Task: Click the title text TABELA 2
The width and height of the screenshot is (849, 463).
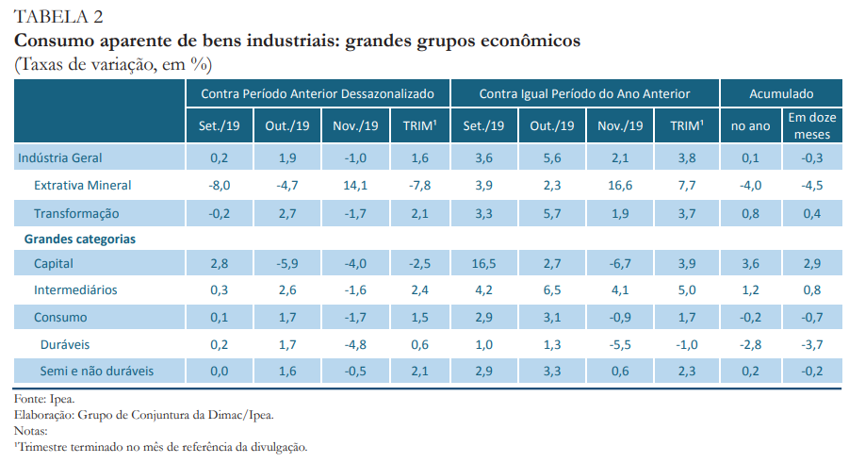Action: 58,17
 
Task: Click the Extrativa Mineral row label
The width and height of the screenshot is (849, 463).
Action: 82,185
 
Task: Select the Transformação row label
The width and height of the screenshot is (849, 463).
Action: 76,213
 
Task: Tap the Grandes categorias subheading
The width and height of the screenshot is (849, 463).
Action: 79,240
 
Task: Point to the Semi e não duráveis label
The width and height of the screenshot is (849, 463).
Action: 96,372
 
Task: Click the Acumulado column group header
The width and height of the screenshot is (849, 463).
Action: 781,94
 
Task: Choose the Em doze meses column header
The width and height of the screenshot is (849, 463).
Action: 812,125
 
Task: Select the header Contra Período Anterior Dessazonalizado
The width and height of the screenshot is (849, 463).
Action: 318,94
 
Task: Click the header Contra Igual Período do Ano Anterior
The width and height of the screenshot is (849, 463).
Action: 584,94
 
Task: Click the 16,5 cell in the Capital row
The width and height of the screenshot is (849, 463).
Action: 485,264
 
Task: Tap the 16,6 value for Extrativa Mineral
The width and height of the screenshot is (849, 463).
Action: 620,185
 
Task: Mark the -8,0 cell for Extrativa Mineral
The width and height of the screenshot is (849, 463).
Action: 219,185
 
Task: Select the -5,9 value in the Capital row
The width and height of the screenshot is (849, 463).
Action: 286,264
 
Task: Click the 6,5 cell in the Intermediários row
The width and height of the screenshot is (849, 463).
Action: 553,290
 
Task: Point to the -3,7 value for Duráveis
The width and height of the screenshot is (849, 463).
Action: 811,345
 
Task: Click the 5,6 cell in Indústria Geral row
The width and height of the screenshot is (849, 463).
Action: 553,157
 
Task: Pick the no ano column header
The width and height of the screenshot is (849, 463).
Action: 751,125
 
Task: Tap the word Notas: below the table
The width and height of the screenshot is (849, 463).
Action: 31,431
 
